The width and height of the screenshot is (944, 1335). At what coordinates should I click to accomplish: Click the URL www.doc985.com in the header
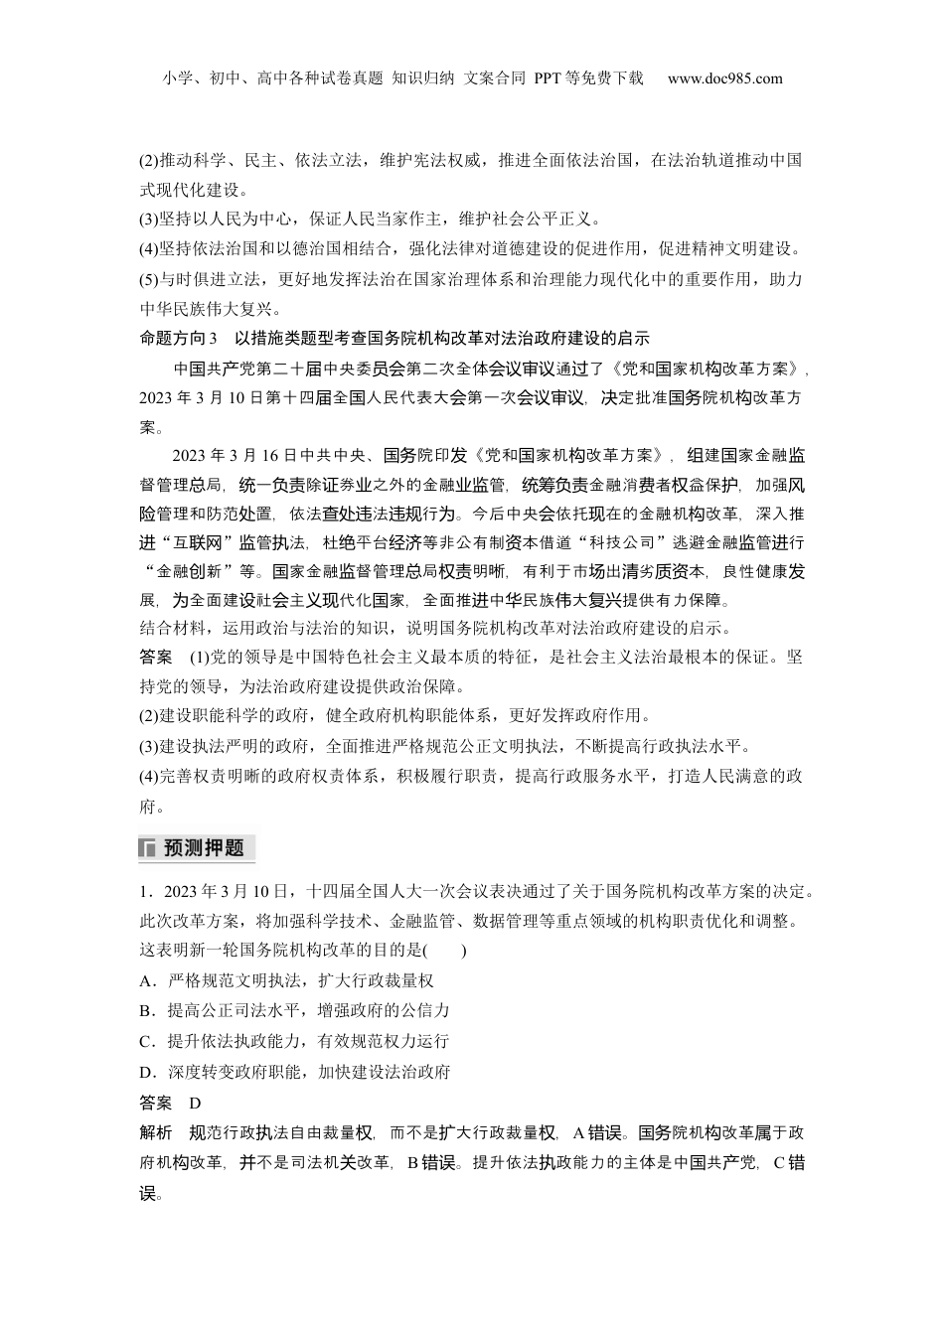(725, 78)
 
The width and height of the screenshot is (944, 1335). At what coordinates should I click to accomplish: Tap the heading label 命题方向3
(185, 337)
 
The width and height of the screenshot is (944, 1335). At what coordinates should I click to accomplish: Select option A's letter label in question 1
(146, 980)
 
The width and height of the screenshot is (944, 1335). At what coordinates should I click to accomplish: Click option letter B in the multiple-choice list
(146, 1010)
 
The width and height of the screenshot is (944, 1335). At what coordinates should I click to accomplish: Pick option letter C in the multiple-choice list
(146, 1041)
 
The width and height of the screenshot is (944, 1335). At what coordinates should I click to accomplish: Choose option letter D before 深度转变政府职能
(146, 1072)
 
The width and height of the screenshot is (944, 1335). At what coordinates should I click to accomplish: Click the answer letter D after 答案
(194, 1103)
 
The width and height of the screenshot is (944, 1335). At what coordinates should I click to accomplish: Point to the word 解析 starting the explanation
(156, 1133)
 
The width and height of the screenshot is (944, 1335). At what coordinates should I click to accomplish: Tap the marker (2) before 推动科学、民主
(149, 160)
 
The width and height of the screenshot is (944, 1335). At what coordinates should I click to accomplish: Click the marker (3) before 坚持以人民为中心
(149, 220)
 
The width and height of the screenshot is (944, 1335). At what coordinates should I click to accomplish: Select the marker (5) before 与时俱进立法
(149, 279)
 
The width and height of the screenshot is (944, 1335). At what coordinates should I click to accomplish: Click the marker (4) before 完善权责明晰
(149, 776)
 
